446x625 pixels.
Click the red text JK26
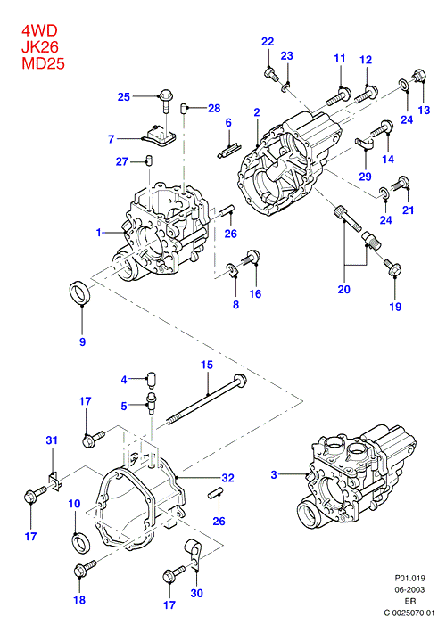click(x=40, y=46)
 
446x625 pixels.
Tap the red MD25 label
click(x=43, y=63)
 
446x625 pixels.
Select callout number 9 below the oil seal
click(x=82, y=341)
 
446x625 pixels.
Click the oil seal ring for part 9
click(x=80, y=293)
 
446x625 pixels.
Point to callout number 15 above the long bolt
click(x=207, y=365)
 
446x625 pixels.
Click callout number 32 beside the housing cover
click(x=227, y=477)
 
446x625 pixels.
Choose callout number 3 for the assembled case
click(x=274, y=474)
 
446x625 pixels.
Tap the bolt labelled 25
click(x=166, y=101)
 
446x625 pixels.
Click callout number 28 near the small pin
click(x=214, y=108)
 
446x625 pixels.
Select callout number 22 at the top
click(x=268, y=41)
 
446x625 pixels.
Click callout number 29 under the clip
click(x=365, y=177)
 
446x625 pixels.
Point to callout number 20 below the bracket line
click(x=344, y=289)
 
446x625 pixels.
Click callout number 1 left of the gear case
click(x=98, y=232)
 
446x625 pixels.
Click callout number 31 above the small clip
click(x=52, y=440)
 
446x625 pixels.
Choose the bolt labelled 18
click(x=85, y=568)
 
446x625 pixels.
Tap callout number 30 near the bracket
click(x=196, y=593)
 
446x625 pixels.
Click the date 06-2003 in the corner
click(x=409, y=589)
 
